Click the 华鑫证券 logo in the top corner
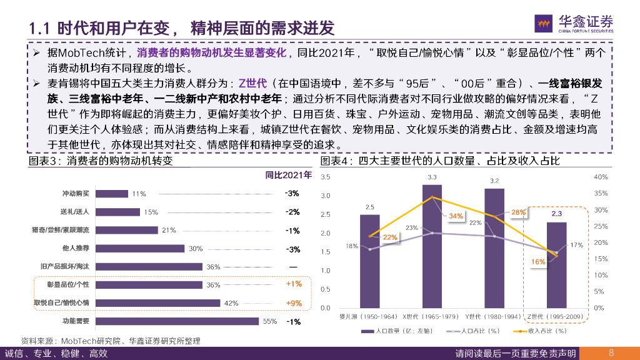(x=574, y=23)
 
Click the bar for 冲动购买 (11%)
(x=112, y=194)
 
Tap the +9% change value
(x=293, y=303)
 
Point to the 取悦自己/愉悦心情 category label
(x=61, y=303)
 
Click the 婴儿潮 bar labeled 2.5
(x=369, y=261)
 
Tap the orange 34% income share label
(x=456, y=216)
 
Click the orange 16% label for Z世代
(x=538, y=262)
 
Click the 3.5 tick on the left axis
(x=325, y=177)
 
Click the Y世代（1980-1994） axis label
(x=494, y=317)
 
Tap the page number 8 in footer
(x=611, y=352)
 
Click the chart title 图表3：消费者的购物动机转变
(x=100, y=161)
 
